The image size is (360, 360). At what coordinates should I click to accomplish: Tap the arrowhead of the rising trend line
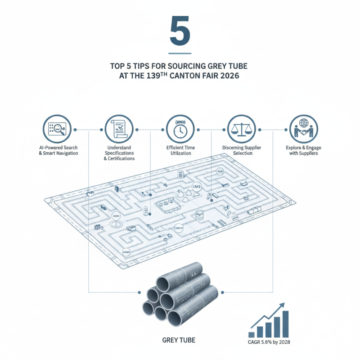click(x=283, y=306)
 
